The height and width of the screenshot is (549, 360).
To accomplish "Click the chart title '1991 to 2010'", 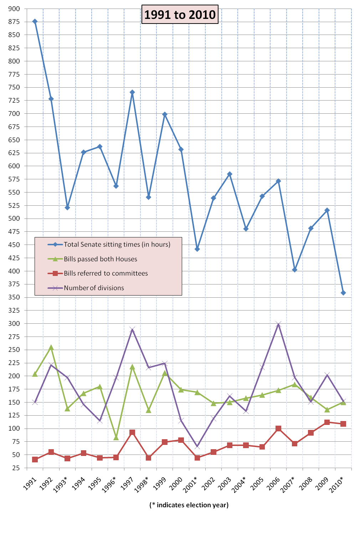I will point(180,15).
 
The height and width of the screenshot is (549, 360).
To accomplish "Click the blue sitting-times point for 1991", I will point(35,21).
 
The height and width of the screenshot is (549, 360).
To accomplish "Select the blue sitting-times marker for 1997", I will point(132,92).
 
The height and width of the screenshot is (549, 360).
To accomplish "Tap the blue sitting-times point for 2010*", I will point(343,293).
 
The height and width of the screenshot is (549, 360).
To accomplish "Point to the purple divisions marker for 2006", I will point(278,324).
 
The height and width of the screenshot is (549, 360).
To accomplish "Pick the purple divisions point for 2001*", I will point(197,447).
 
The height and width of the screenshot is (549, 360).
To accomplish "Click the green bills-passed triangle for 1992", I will point(51,348).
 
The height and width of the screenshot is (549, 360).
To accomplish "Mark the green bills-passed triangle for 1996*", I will point(116,437).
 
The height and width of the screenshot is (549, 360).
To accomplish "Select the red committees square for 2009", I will point(327,422).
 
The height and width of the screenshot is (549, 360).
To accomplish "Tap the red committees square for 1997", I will point(132,432).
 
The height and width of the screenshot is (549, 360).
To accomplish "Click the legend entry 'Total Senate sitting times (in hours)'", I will point(117,245).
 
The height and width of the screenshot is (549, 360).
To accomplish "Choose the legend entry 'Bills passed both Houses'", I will point(101,259).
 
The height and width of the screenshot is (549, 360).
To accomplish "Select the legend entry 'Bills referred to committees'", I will point(106,273).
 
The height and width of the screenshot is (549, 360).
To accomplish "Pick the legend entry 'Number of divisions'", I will point(94,288).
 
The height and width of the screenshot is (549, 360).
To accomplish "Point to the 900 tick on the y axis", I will point(14,9).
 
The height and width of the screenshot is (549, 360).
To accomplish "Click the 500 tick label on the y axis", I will point(14,219).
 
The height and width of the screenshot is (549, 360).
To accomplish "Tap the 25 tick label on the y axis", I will point(16,468).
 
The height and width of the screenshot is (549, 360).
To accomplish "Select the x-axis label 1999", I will point(159,484).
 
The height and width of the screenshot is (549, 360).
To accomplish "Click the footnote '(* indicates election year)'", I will point(189,505).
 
